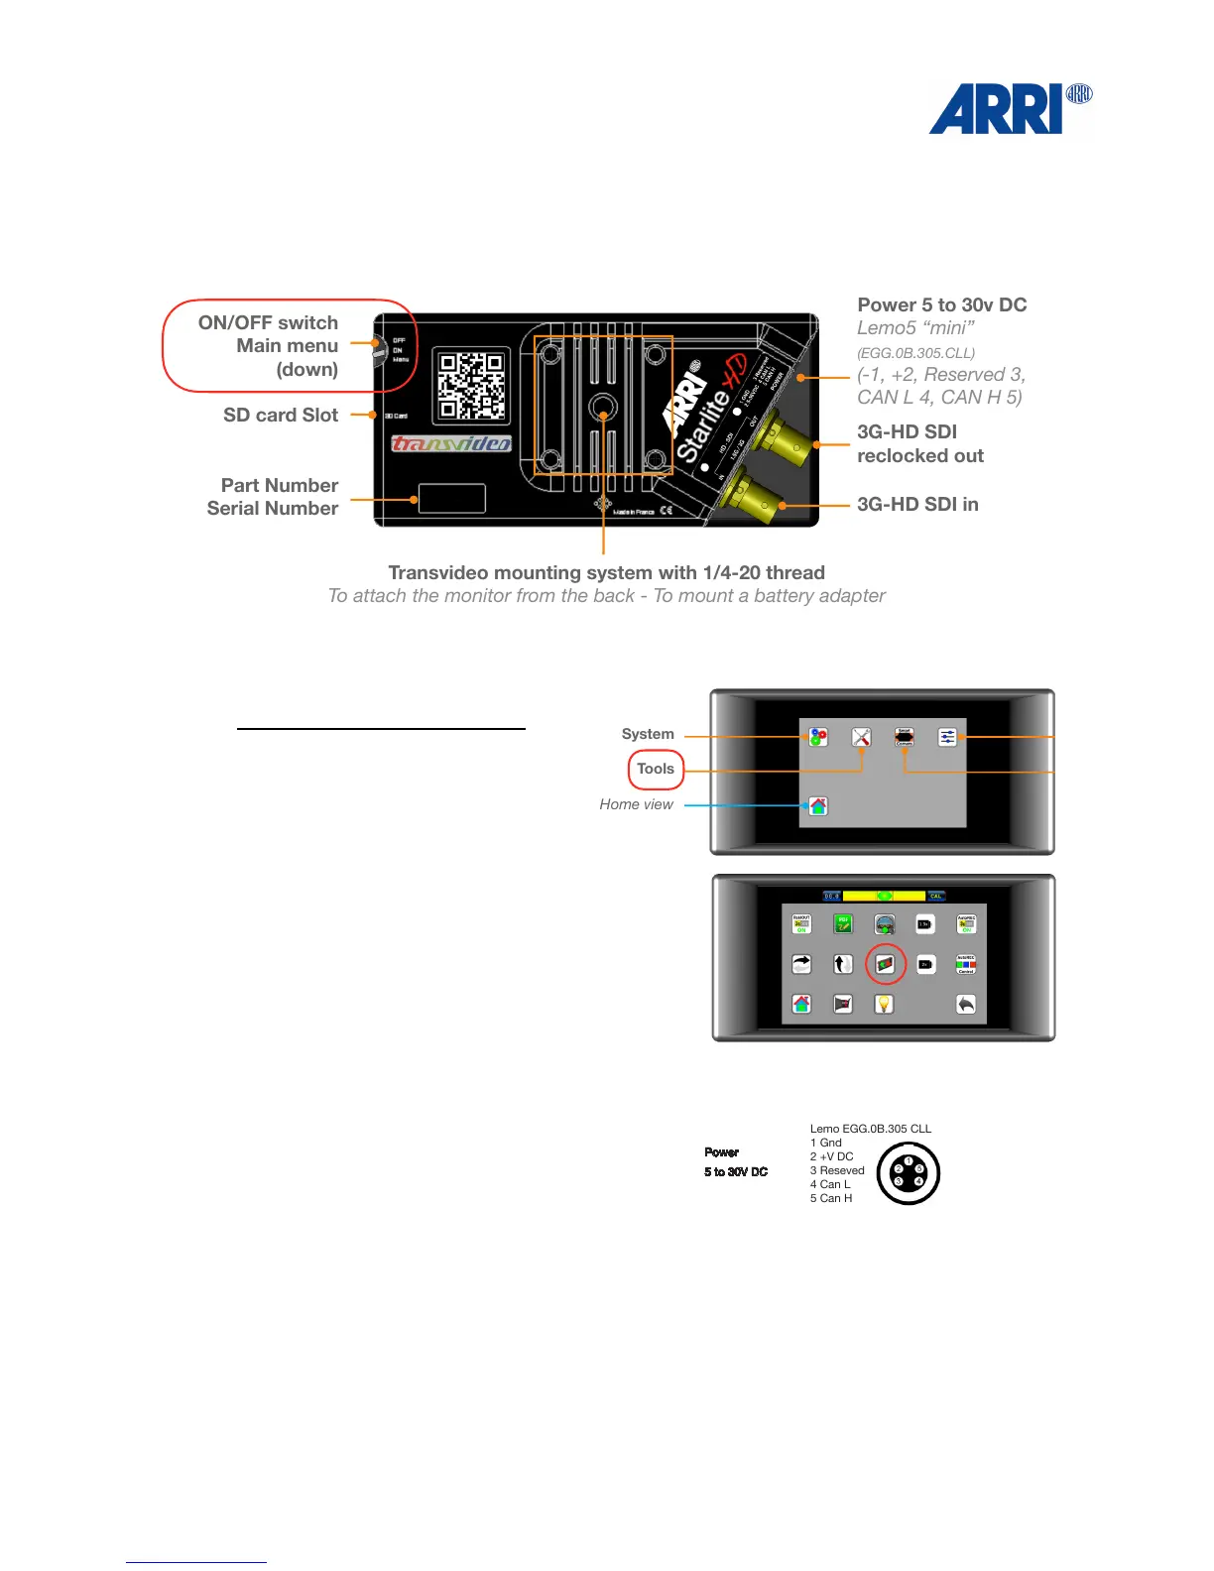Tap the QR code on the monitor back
click(x=472, y=385)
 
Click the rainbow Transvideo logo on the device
click(x=451, y=443)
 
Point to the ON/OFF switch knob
click(x=378, y=351)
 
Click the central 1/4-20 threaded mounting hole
click(x=603, y=407)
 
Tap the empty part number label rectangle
click(x=452, y=498)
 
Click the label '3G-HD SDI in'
click(x=917, y=505)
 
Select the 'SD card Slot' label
click(x=281, y=416)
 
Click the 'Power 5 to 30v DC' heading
click(x=941, y=305)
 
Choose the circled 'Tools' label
click(x=656, y=769)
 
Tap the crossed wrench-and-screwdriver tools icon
click(x=861, y=737)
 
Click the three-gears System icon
click(x=817, y=737)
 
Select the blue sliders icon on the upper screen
click(x=947, y=737)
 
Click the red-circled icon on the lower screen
click(x=886, y=964)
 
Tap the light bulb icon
click(x=884, y=1004)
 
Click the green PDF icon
click(x=843, y=924)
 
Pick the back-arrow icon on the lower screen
click(x=966, y=1004)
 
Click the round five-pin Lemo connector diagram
click(x=909, y=1172)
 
